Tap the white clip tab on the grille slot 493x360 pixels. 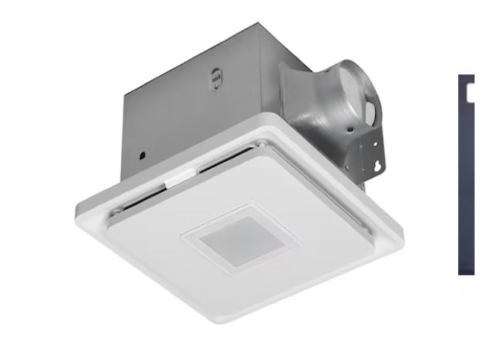pos(176,179)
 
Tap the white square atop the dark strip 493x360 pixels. pos(470,92)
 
